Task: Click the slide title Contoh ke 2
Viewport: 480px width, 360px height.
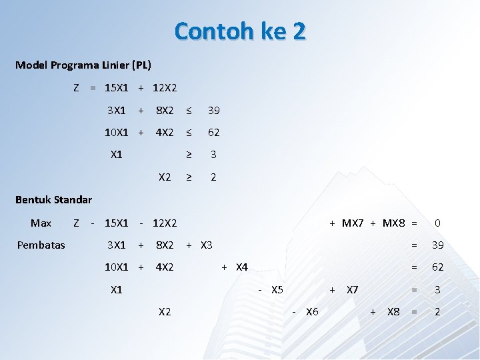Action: click(240, 31)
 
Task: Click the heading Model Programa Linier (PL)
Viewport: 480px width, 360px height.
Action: click(83, 65)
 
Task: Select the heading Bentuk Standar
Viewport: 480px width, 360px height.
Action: click(53, 199)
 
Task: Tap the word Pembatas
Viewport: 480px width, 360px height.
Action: click(41, 245)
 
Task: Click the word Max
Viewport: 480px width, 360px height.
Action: click(41, 223)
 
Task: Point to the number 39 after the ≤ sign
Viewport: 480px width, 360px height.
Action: click(213, 110)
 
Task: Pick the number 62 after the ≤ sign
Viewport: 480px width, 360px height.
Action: click(213, 133)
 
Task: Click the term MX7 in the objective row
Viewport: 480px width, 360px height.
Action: click(353, 223)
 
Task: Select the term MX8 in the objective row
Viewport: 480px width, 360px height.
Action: click(393, 223)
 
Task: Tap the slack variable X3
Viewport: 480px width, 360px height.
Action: click(206, 245)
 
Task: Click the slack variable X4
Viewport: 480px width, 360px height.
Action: click(241, 267)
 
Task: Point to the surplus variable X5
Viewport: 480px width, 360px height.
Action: click(277, 289)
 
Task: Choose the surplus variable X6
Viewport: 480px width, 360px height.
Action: click(312, 311)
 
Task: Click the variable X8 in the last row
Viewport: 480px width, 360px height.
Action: click(393, 311)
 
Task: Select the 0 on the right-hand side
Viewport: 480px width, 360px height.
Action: click(437, 223)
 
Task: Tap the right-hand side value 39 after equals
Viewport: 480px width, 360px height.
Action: click(437, 245)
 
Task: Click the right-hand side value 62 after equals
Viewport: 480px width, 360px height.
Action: click(437, 267)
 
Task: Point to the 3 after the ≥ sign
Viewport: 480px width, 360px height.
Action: click(213, 155)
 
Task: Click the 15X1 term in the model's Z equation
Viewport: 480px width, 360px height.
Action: click(117, 87)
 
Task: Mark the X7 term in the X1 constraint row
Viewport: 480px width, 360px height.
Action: click(353, 289)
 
